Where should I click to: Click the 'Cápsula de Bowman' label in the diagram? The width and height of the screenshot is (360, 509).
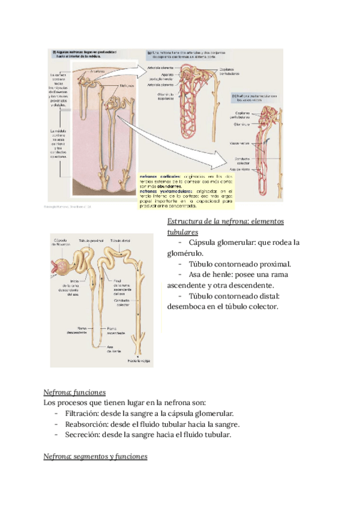coord(62,242)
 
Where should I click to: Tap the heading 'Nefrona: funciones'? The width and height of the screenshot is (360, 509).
coord(75,391)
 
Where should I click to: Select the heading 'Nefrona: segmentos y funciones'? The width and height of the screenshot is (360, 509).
coord(96,457)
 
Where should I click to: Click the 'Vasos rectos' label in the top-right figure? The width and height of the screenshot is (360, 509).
coord(240,144)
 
